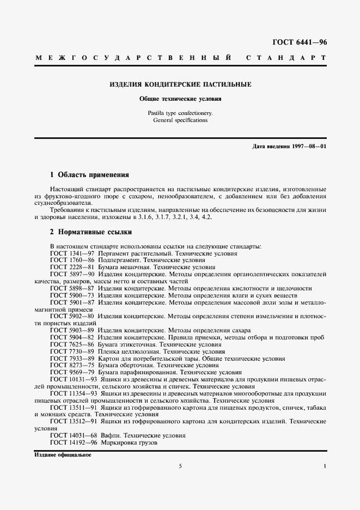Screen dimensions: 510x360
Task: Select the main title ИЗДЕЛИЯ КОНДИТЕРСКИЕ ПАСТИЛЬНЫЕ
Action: pos(180,85)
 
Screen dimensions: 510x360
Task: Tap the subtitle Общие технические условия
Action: pos(180,100)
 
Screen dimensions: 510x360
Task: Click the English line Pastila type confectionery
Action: pos(180,113)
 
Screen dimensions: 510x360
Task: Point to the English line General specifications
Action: pos(180,120)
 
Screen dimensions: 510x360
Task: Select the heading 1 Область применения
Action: pos(89,175)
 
